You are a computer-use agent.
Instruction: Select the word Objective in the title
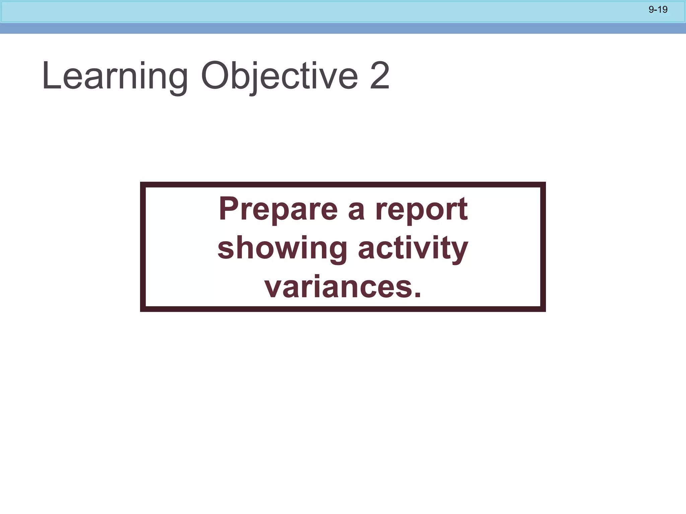point(279,76)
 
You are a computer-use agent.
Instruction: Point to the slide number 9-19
point(658,10)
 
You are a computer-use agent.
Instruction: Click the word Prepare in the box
point(278,210)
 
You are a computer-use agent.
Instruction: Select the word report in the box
point(421,209)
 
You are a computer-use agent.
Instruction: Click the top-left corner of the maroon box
point(143,185)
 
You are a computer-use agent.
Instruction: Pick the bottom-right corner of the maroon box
point(543,309)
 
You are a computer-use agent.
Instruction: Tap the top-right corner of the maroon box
point(543,185)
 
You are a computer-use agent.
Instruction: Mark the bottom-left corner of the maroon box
point(143,309)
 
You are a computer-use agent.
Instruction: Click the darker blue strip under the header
point(343,28)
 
